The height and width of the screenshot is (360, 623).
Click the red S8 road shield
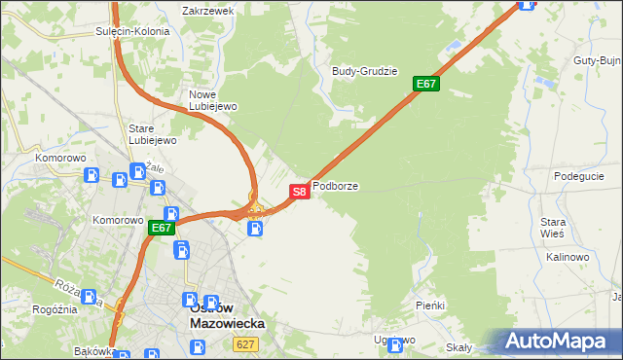(300, 192)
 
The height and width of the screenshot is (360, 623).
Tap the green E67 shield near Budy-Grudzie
(426, 84)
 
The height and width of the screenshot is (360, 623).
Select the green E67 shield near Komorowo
(162, 229)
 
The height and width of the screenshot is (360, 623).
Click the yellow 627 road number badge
(245, 344)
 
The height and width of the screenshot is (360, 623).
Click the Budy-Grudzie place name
(365, 71)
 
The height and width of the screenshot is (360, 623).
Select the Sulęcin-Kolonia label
(132, 31)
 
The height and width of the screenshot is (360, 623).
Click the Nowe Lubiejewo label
(212, 100)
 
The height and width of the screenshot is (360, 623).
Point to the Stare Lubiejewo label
(153, 134)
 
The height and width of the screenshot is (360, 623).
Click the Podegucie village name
(579, 176)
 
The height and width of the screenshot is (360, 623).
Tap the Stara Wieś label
(553, 228)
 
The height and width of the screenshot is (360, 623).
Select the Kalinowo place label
(568, 257)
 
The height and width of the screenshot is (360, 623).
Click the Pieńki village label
(429, 306)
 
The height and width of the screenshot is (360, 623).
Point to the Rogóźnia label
(54, 309)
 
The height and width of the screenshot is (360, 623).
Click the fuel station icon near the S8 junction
(255, 229)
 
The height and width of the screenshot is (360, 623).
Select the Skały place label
(458, 347)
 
